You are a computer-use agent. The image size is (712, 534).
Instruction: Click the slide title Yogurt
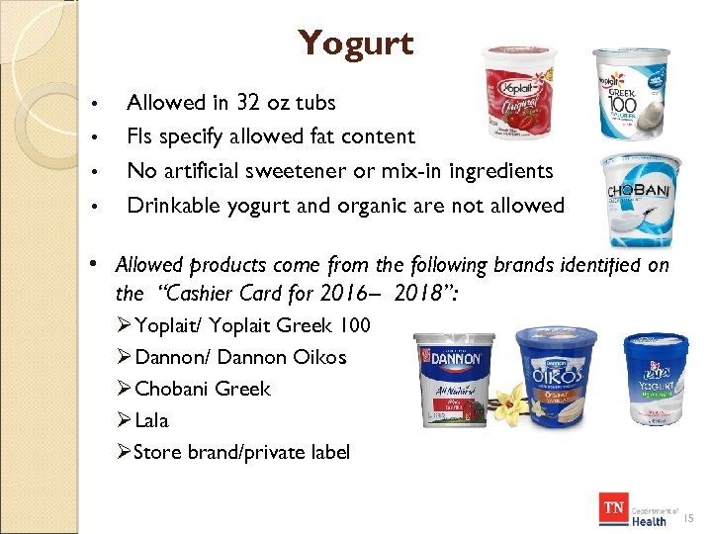[355, 44]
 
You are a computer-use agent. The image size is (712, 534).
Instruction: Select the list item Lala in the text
[151, 420]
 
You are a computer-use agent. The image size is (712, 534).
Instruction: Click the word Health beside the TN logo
[649, 520]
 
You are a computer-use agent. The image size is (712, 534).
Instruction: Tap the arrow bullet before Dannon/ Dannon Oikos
[124, 357]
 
